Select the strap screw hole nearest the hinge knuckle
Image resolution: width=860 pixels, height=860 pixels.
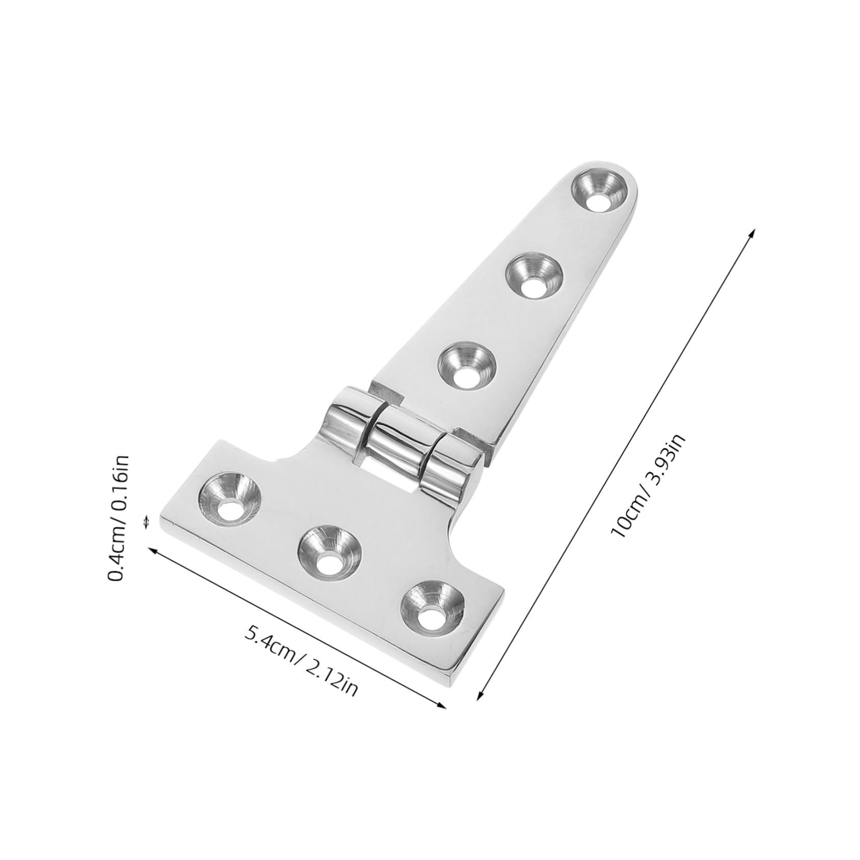[x=466, y=364]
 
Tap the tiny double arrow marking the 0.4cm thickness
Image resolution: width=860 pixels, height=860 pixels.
[x=147, y=522]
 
